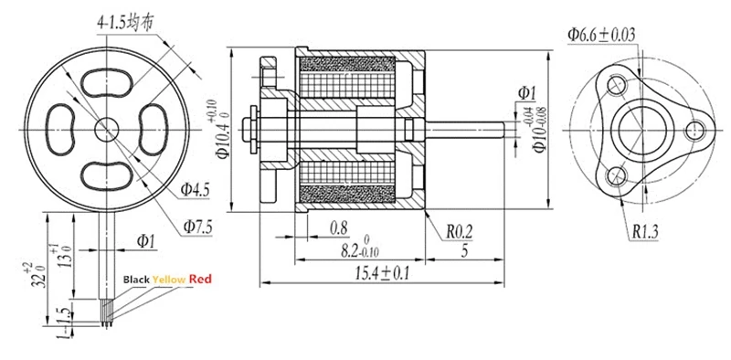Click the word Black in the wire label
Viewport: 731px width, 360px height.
(x=136, y=280)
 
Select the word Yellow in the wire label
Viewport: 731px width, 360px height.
(x=169, y=280)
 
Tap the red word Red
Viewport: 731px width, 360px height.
(x=200, y=280)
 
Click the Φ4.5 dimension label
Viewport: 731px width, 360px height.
(x=195, y=190)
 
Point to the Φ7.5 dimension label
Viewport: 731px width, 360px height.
(x=197, y=228)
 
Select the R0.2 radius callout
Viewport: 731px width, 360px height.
(x=460, y=231)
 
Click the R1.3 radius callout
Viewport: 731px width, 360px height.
(x=645, y=232)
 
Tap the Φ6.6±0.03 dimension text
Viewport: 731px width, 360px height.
(x=601, y=35)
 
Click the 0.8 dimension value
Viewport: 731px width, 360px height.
(x=338, y=228)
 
